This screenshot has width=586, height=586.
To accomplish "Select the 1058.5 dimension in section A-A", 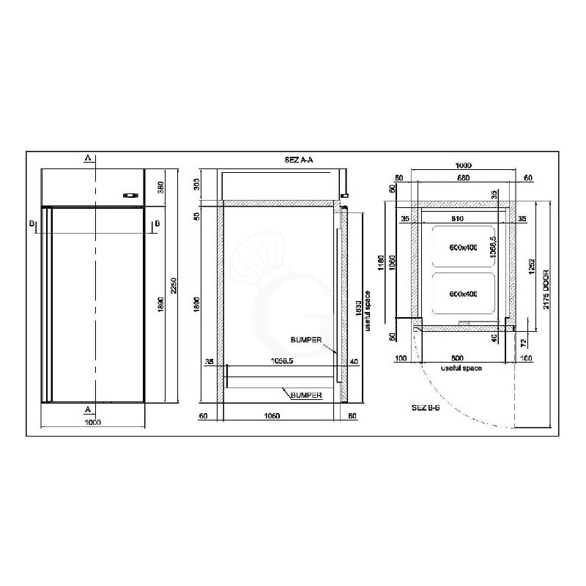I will (282, 361).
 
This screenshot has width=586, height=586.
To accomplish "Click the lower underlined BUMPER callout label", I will (306, 395).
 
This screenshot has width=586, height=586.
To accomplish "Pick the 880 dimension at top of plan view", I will (462, 177).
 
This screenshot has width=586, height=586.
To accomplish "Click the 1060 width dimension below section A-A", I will (271, 416).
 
